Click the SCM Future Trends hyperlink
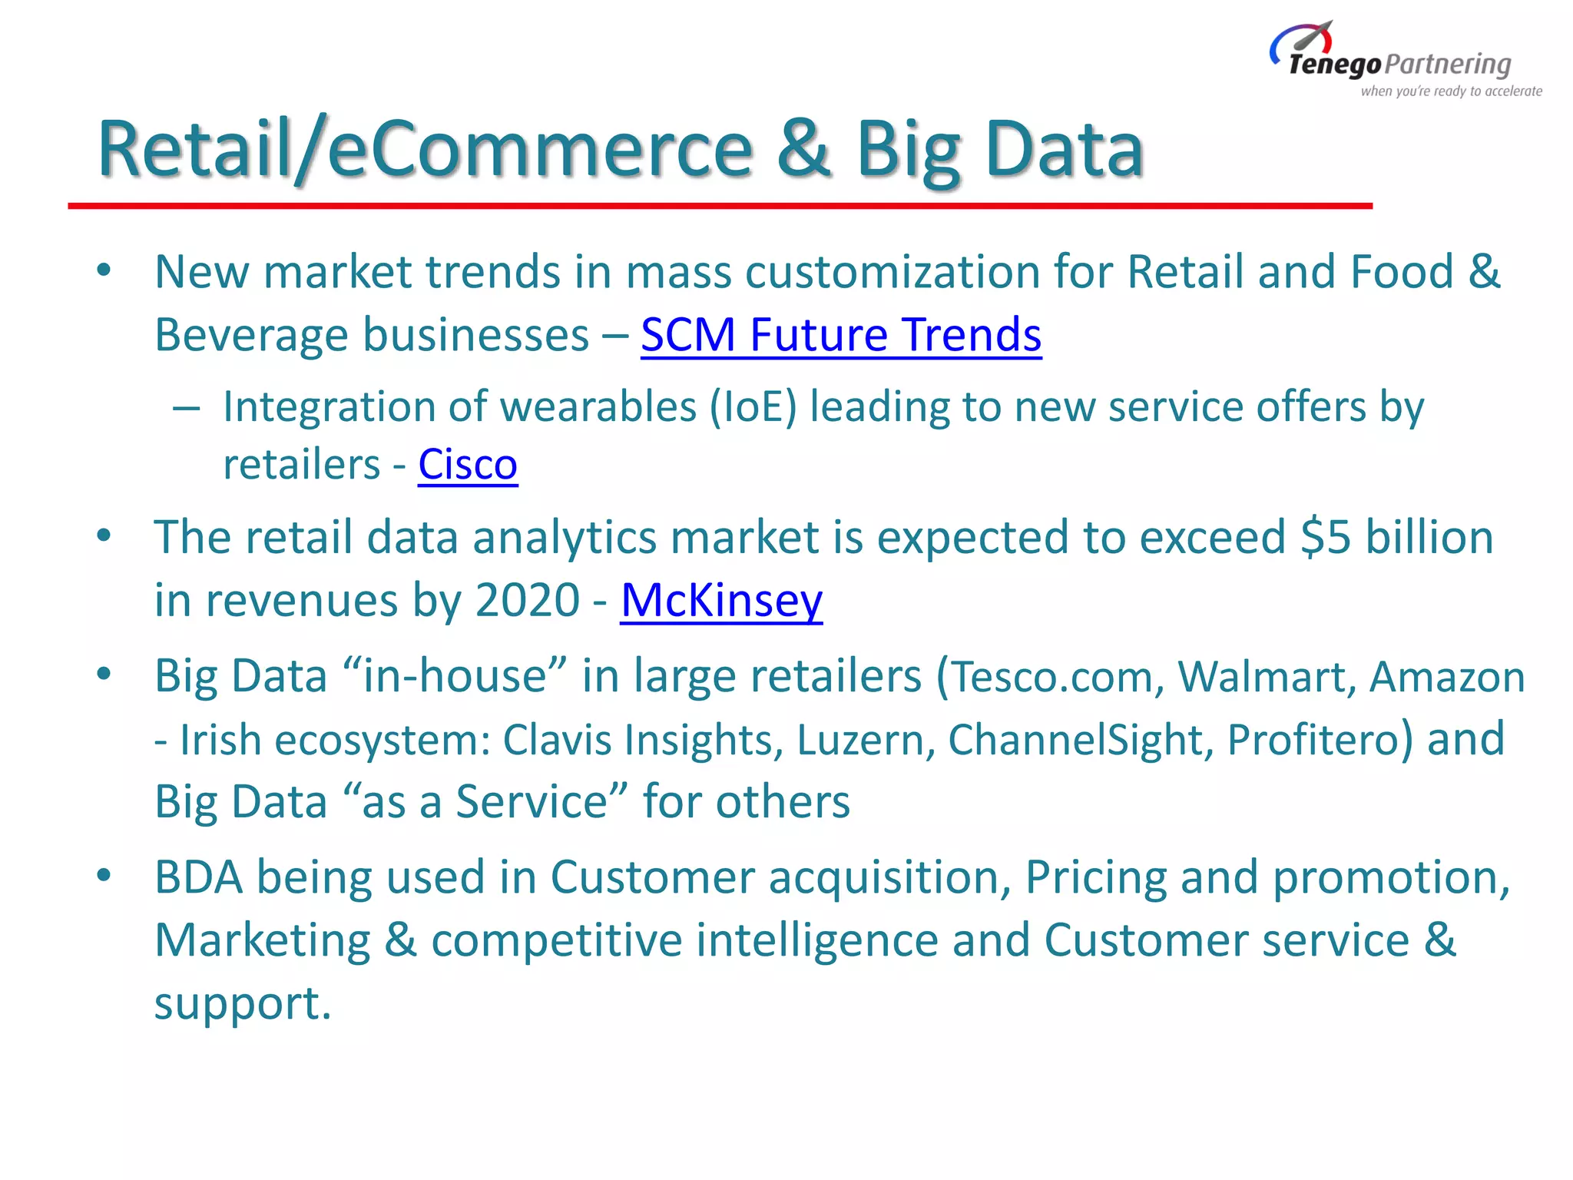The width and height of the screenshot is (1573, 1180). [x=841, y=336]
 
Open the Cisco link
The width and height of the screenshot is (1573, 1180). [x=468, y=466]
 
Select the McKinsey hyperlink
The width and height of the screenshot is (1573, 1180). [x=721, y=601]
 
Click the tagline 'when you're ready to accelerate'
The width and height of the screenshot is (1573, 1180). [x=1451, y=91]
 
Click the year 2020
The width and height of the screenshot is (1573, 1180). [x=527, y=601]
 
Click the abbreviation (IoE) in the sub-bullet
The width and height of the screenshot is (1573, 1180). [x=753, y=407]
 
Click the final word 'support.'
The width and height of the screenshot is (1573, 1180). [x=243, y=1004]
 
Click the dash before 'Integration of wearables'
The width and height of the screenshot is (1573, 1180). [x=186, y=408]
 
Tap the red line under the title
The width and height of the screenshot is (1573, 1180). [x=720, y=206]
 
